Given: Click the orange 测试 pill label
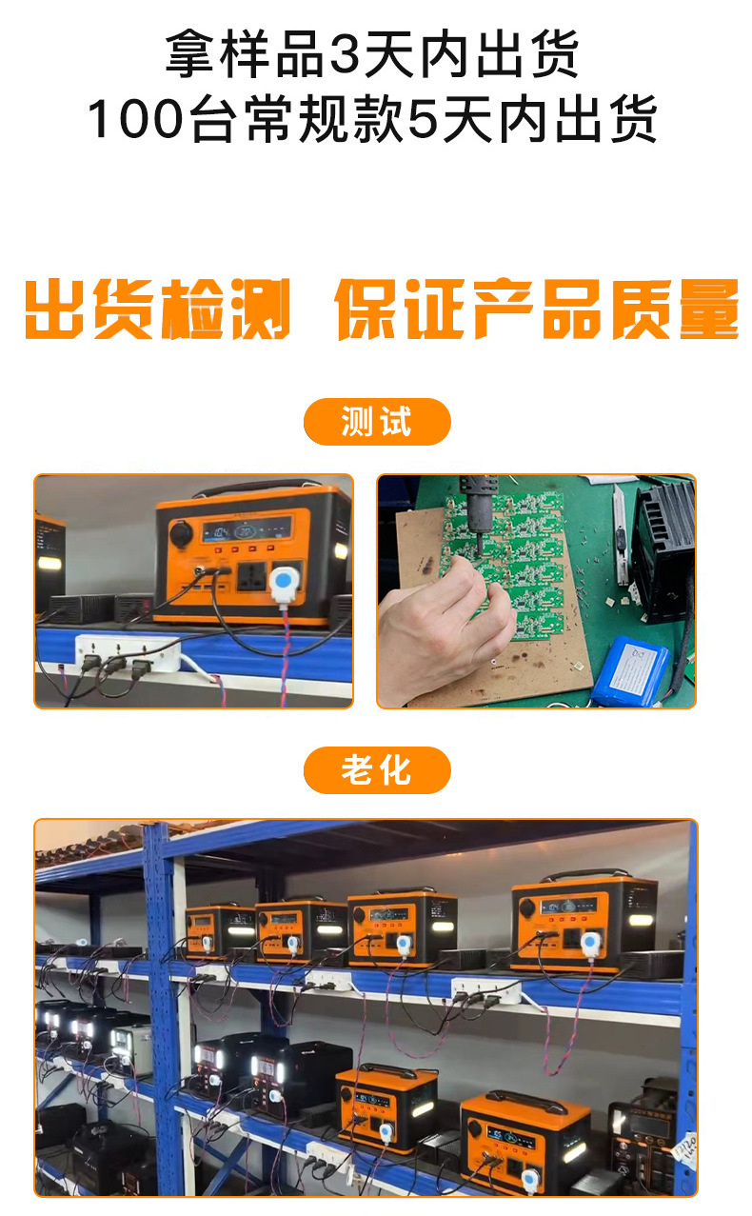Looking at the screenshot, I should (376, 422).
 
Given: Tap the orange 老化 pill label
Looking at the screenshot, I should (376, 769).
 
